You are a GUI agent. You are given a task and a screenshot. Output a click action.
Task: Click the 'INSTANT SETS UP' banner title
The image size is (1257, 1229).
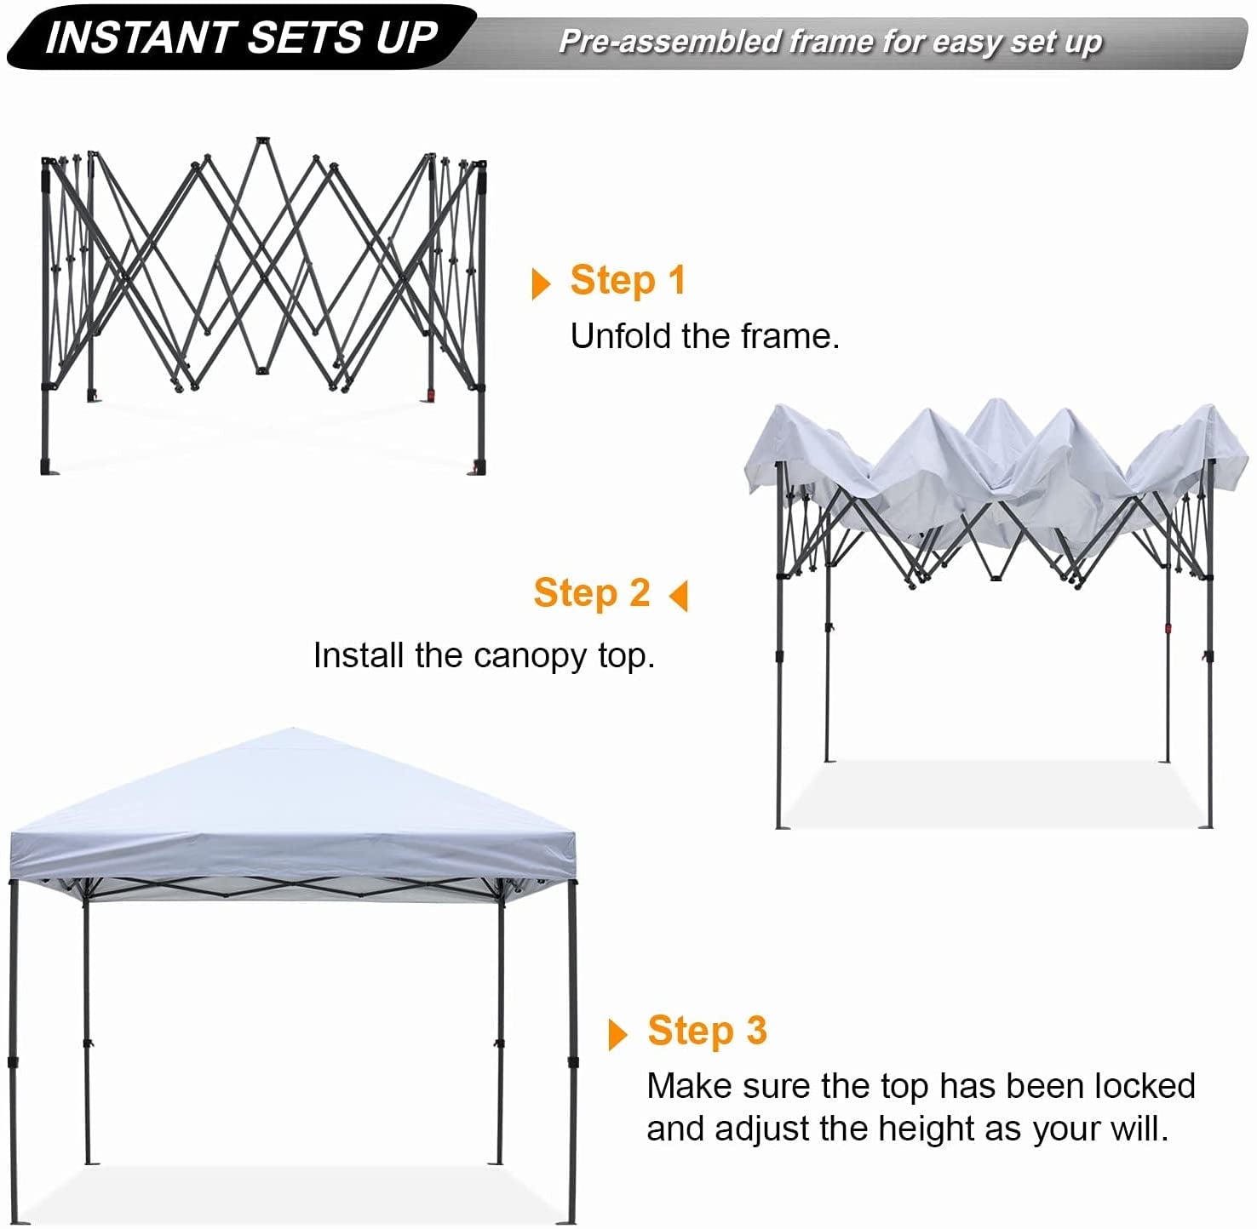(x=241, y=37)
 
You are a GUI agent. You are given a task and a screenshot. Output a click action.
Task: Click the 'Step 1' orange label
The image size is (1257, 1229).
(x=628, y=280)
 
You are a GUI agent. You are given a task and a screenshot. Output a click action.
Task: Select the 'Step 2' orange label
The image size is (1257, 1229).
(x=592, y=592)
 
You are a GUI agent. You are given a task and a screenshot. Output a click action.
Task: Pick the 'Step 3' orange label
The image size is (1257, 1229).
(x=707, y=1031)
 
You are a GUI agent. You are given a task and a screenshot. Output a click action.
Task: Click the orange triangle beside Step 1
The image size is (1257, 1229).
(x=540, y=283)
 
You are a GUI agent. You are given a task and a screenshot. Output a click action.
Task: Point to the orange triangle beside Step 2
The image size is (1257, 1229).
(x=679, y=596)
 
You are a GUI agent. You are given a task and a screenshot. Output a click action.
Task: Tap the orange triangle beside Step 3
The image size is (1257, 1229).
(x=617, y=1034)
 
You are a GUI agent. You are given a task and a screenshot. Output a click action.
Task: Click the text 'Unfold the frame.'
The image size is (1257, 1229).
(x=704, y=336)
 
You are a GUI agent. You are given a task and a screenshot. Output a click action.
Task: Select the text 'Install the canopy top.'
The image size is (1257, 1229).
(x=484, y=655)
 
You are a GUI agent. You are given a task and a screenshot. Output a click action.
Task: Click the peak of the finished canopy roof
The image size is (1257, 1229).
(x=292, y=730)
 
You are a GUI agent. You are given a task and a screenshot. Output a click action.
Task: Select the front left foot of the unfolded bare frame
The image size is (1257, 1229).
(x=46, y=467)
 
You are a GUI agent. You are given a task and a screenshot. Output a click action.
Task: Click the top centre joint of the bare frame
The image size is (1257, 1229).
(x=261, y=140)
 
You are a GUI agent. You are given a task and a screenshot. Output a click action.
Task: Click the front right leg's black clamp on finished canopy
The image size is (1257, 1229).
(x=572, y=1061)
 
